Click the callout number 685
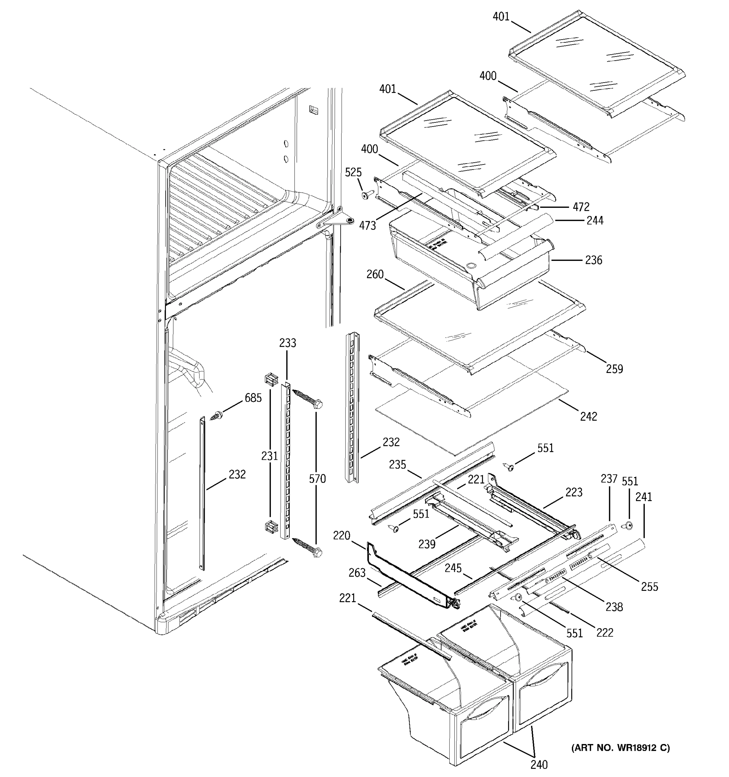[x=253, y=398]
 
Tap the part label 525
[x=353, y=172]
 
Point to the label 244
[x=595, y=221]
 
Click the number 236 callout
[x=593, y=260]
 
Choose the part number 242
[x=589, y=416]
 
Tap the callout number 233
[x=287, y=343]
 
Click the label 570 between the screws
[x=317, y=479]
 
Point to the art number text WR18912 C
[x=621, y=748]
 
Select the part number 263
[x=357, y=573]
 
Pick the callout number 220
[x=341, y=535]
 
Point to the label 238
[x=614, y=607]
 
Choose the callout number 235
[x=397, y=464]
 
